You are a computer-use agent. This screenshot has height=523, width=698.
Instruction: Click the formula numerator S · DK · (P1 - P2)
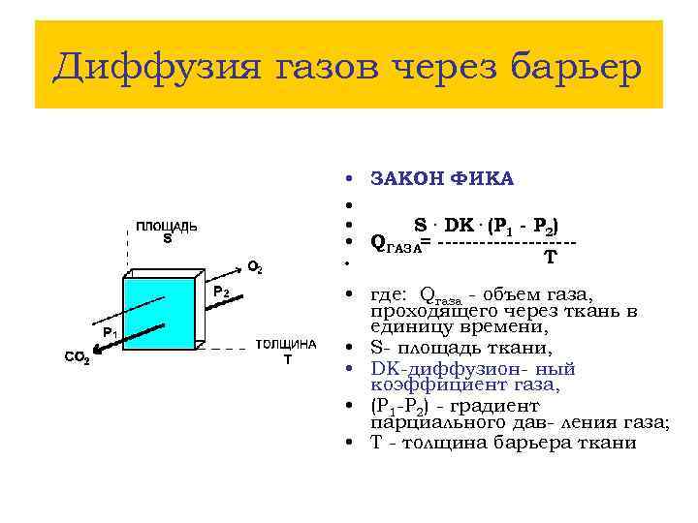pyautogui.click(x=486, y=225)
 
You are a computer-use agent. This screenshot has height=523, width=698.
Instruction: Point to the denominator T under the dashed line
pyautogui.click(x=550, y=258)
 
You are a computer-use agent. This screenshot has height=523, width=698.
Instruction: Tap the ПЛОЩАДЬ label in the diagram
pyautogui.click(x=167, y=227)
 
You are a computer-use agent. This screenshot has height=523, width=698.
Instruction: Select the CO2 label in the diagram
pyautogui.click(x=77, y=359)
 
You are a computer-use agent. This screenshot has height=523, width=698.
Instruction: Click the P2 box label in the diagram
pyautogui.click(x=220, y=291)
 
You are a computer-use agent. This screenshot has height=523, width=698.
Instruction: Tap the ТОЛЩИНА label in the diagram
pyautogui.click(x=286, y=345)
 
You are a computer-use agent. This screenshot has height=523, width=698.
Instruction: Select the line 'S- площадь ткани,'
pyautogui.click(x=461, y=349)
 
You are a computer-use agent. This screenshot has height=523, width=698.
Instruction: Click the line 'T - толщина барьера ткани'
pyautogui.click(x=503, y=443)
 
